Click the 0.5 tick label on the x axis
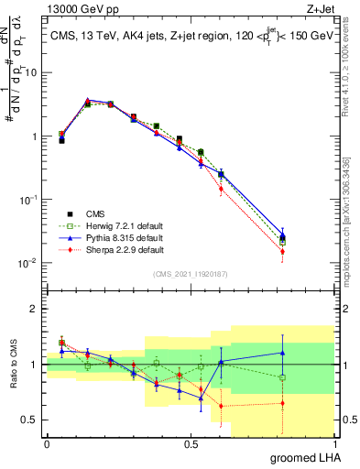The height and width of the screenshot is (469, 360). click(x=191, y=443)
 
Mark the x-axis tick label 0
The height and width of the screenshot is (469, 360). click(x=47, y=443)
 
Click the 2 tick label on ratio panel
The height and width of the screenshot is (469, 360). click(x=34, y=309)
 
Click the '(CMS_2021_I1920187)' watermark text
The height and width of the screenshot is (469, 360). click(x=191, y=274)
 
